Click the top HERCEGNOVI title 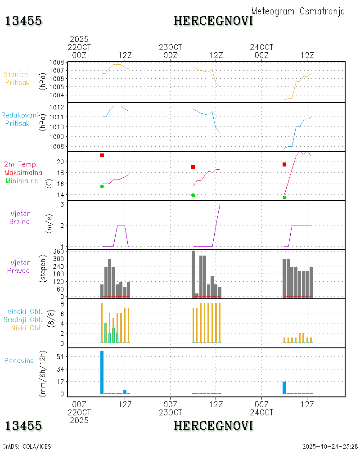coord(213,21)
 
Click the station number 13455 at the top coord(23,21)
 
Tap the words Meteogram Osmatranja coord(298,11)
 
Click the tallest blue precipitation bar coord(102,372)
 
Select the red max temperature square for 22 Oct coord(102,155)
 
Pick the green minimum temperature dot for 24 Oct coord(284,198)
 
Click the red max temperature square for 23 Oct coord(193,167)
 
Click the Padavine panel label coord(19,360)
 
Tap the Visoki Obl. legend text coord(24,311)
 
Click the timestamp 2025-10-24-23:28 coord(330,446)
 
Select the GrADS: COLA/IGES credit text coord(27,446)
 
